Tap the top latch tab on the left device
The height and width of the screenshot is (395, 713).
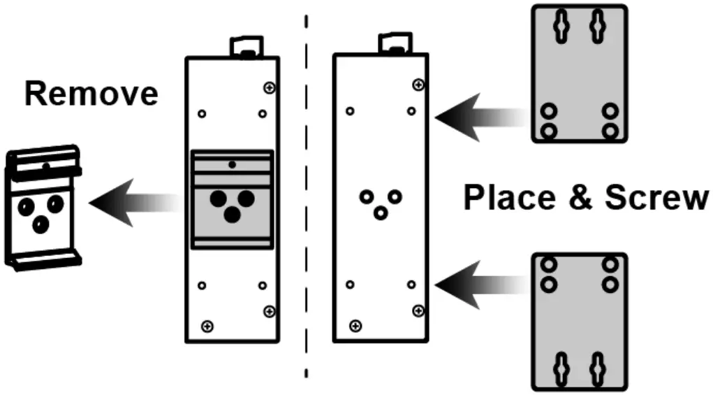(x=243, y=48)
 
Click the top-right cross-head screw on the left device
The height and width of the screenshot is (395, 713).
(x=270, y=88)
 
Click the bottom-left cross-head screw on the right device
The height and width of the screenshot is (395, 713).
(x=356, y=325)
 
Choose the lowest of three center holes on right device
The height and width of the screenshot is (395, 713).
(x=381, y=211)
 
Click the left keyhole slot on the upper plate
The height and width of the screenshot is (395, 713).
(x=564, y=27)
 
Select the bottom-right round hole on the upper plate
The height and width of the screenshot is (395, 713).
(x=611, y=130)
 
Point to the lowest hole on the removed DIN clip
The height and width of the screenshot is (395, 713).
(x=41, y=224)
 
